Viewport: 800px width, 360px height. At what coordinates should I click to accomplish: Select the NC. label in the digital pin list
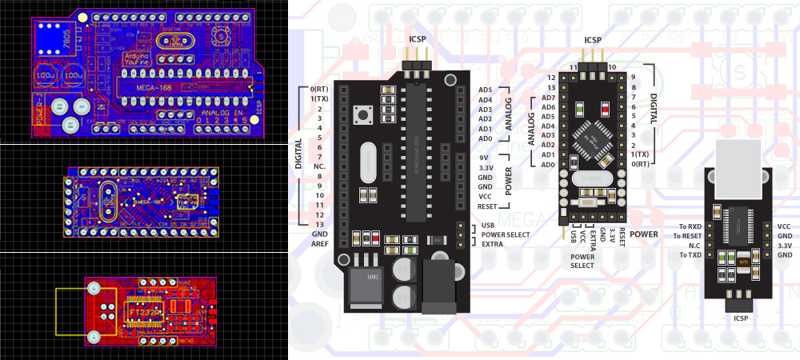click(x=317, y=166)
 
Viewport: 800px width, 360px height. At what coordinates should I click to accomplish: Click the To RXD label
click(x=689, y=226)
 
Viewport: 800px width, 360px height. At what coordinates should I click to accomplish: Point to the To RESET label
click(x=686, y=236)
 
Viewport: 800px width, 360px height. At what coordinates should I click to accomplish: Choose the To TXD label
click(x=689, y=255)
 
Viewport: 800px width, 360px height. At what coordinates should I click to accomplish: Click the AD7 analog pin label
click(x=548, y=98)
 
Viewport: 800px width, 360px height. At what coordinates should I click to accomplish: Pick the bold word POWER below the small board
click(x=643, y=234)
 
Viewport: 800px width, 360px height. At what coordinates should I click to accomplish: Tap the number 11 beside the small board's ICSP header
click(x=573, y=67)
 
